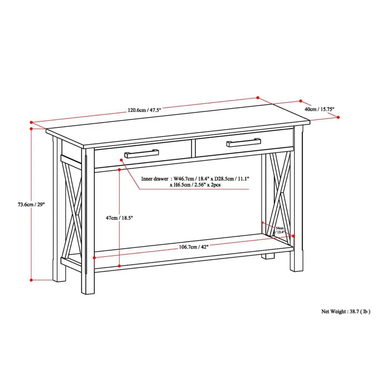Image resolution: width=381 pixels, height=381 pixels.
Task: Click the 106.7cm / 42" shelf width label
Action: tap(194, 247)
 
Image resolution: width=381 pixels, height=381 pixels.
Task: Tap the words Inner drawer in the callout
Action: tap(155, 179)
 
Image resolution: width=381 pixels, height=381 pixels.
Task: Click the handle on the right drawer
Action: tap(243, 142)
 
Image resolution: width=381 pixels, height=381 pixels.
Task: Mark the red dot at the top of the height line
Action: tap(31, 129)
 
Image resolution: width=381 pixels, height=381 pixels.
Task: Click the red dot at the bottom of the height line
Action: tap(31, 280)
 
